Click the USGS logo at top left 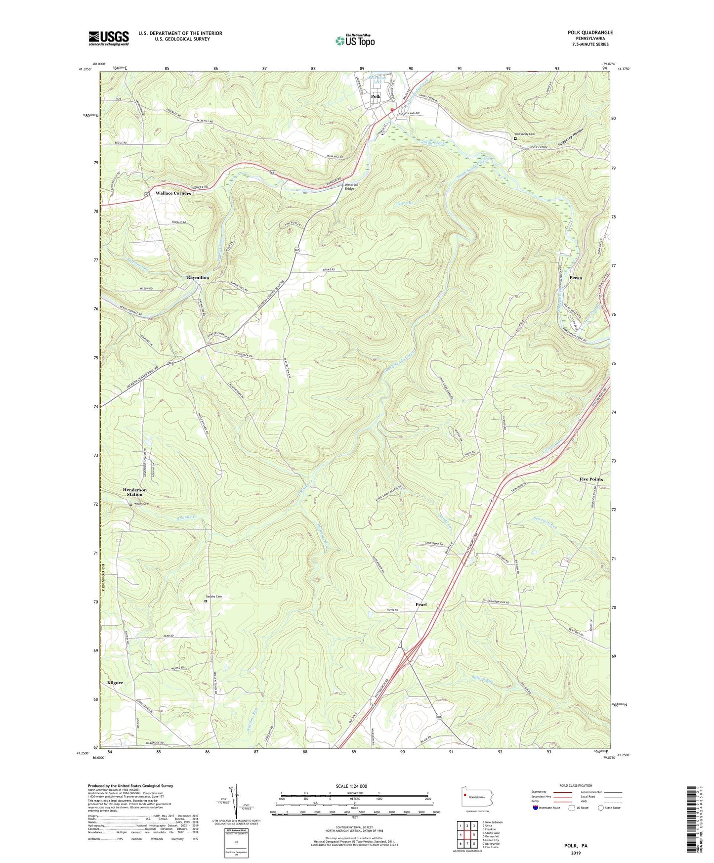click(x=109, y=38)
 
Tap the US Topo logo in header click(x=355, y=41)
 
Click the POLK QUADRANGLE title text click(x=590, y=33)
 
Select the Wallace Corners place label click(x=173, y=193)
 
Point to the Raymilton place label click(x=198, y=278)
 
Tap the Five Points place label click(x=591, y=479)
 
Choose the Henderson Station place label click(x=134, y=492)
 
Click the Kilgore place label click(x=115, y=683)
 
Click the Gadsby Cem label click(x=213, y=597)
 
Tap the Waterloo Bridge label click(x=349, y=186)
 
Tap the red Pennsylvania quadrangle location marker click(x=465, y=795)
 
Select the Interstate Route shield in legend click(x=536, y=808)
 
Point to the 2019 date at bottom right click(x=576, y=853)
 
